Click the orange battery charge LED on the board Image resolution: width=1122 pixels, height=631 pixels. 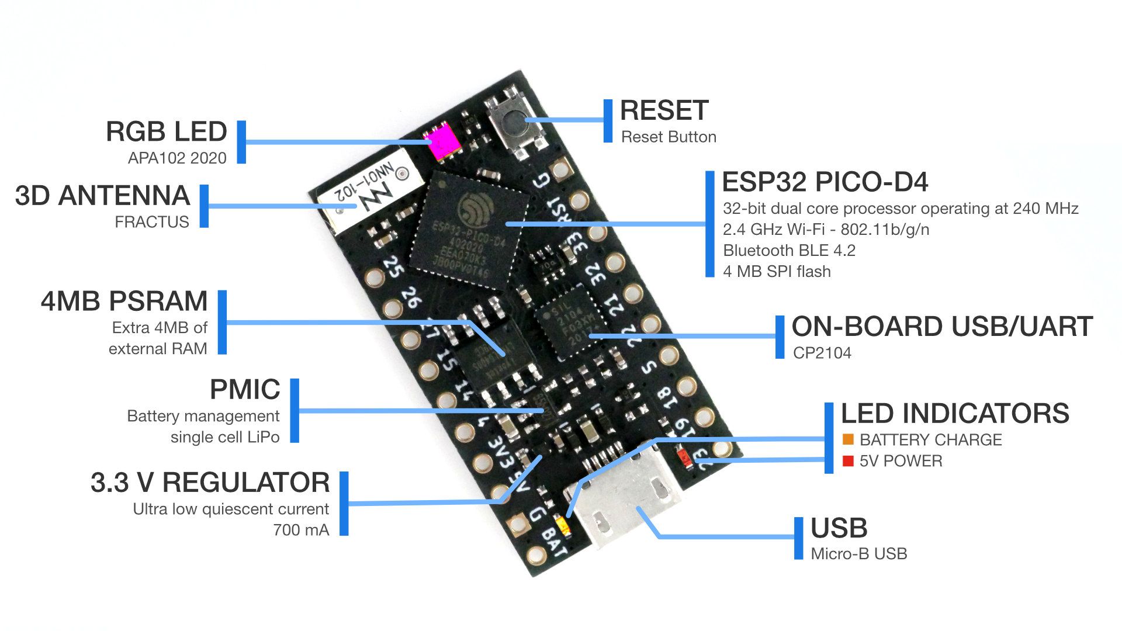point(563,526)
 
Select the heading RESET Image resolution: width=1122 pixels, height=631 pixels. point(664,110)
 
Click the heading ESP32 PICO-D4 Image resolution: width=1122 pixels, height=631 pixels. point(825,182)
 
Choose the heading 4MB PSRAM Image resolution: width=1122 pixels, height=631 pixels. point(124,301)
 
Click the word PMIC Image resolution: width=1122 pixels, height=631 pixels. point(245,390)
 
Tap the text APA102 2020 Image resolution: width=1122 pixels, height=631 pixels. point(177,158)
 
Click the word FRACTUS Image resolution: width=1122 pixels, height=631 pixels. point(152,222)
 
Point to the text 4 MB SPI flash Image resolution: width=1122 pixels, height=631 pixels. point(777,272)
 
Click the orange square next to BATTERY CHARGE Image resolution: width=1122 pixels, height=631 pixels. point(848,439)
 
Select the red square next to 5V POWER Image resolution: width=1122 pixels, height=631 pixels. point(848,461)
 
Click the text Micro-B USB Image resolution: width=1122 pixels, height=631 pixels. point(858,554)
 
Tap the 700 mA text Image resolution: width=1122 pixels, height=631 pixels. point(301,530)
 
